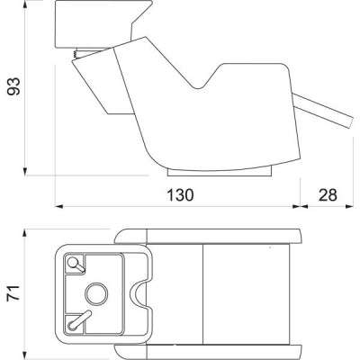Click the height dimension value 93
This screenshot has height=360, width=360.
click(13, 86)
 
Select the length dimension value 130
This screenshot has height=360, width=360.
click(180, 195)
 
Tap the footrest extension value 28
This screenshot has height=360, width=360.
click(328, 195)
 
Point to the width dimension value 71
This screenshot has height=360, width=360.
click(13, 292)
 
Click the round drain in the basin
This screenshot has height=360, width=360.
click(96, 294)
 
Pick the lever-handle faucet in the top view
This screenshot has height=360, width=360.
click(79, 320)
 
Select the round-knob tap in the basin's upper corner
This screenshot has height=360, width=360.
click(76, 265)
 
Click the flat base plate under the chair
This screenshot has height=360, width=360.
click(220, 172)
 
